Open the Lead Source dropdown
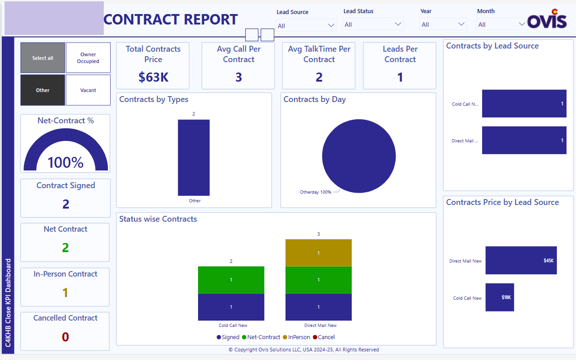pos(306,25)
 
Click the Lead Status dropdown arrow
pos(398,24)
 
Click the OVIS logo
pos(547,19)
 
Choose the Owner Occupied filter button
pos(88,58)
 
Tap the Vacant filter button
pos(88,90)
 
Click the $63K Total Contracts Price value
pos(153,78)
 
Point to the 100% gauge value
pos(65,163)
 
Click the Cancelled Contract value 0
pos(65,337)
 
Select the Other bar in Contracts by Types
pos(194,157)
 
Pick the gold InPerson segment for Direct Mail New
pos(318,253)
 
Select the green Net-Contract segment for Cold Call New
pos(231,280)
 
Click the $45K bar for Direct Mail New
pos(521,261)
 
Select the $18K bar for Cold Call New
pos(499,297)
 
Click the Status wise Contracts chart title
pos(158,219)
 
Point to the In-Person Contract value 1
pos(65,293)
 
